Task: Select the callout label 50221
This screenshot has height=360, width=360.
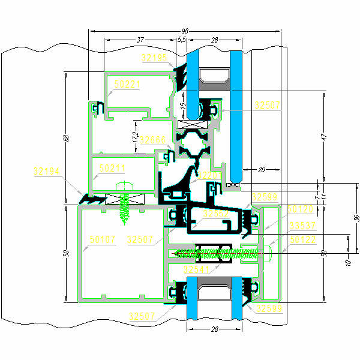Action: point(127,85)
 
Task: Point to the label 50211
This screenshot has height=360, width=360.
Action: point(112,167)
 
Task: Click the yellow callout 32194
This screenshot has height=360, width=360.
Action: point(46,172)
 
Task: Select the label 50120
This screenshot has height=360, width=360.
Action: point(300,209)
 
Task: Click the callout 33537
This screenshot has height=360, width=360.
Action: point(302,226)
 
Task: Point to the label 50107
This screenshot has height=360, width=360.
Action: point(103,239)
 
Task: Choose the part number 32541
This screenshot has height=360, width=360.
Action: point(196,269)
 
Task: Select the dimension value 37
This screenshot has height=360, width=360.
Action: point(140,40)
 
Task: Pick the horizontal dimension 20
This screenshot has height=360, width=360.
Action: point(261,170)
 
